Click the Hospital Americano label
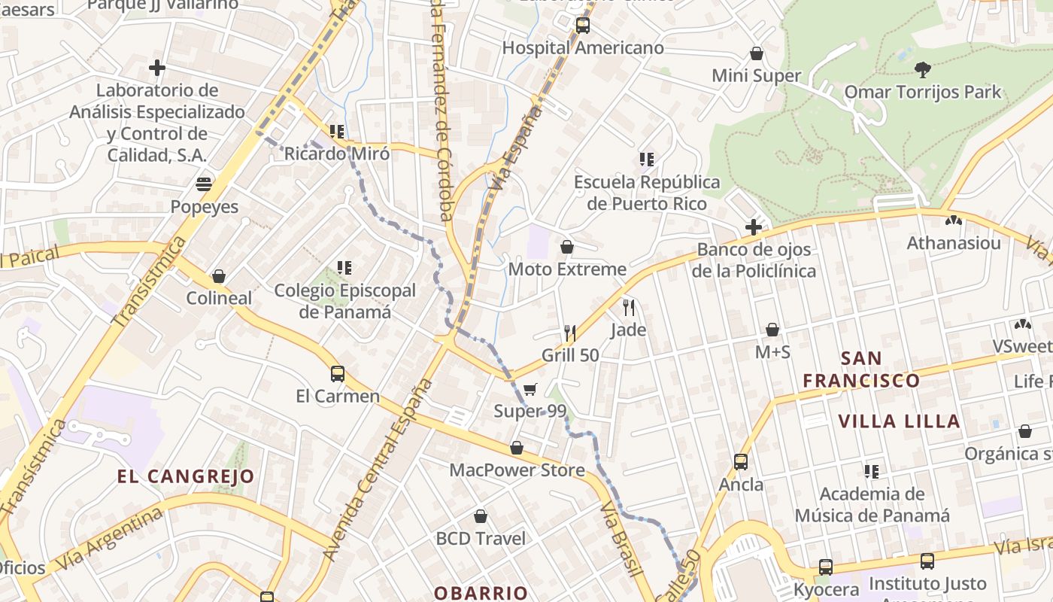(583, 48)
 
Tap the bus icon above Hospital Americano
(583, 26)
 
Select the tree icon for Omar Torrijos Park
(922, 70)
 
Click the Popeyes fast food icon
(204, 184)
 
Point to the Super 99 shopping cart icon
(530, 389)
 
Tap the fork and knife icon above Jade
(629, 307)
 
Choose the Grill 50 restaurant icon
(570, 333)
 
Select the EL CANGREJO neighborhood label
(186, 476)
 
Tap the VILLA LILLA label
(899, 421)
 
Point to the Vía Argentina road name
(110, 539)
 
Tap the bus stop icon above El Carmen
(338, 373)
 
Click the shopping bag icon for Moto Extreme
(567, 247)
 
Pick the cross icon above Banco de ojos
(753, 227)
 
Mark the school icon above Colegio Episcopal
(344, 267)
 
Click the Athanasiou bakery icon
(954, 221)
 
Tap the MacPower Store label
(517, 470)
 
